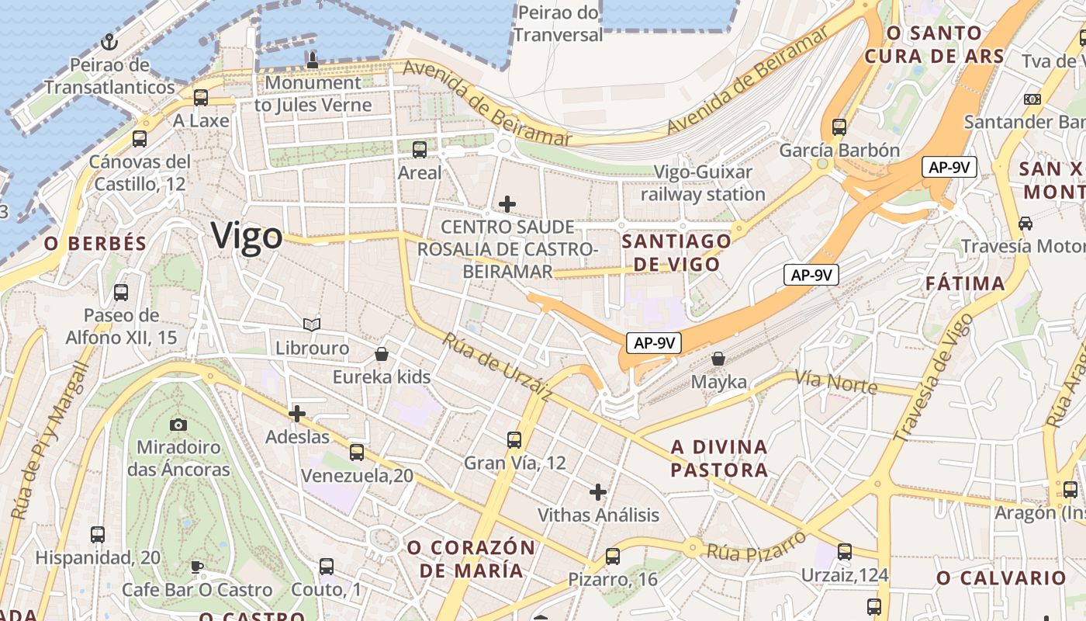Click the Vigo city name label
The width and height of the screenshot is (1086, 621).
tap(247, 236)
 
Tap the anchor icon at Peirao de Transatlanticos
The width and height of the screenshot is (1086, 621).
tap(109, 42)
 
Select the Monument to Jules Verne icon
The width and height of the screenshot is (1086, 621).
tap(313, 60)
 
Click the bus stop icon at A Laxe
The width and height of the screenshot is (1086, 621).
tap(201, 98)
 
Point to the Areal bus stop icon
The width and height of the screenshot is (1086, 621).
tap(420, 150)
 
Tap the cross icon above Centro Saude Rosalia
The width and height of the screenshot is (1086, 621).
tap(507, 204)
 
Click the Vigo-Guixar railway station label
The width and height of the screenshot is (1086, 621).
tap(703, 183)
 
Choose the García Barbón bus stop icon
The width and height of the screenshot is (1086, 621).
tap(839, 127)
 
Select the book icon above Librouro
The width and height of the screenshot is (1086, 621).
tap(312, 324)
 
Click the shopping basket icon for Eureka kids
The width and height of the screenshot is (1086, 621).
tap(382, 355)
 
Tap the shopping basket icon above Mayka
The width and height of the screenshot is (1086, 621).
tap(718, 359)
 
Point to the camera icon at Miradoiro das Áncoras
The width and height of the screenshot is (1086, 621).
tap(178, 425)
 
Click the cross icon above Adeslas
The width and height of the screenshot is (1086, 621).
tap(297, 414)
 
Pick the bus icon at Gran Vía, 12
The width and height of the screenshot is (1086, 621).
tap(514, 440)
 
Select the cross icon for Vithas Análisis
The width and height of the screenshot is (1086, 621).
tap(598, 492)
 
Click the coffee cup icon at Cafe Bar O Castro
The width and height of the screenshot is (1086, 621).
tap(197, 567)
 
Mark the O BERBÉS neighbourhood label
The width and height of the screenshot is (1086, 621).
tap(95, 243)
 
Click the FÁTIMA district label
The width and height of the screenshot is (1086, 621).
tap(965, 284)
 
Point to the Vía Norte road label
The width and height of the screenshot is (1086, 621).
tap(836, 382)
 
